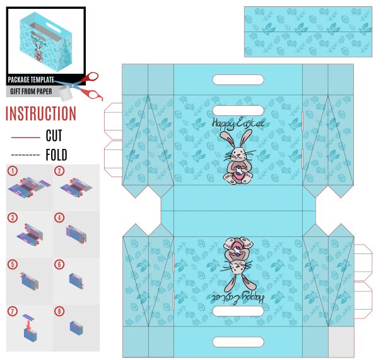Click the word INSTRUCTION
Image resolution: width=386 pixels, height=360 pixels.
click(x=41, y=113)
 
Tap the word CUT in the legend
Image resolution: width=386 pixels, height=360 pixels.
click(x=54, y=136)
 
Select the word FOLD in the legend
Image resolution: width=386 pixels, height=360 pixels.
click(x=56, y=154)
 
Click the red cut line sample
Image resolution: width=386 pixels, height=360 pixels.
click(x=26, y=137)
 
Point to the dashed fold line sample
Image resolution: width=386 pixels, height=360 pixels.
click(x=26, y=154)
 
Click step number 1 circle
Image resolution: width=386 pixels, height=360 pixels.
click(x=13, y=171)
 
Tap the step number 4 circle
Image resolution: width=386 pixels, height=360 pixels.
click(x=59, y=218)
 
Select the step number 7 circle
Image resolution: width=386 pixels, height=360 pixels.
click(x=13, y=311)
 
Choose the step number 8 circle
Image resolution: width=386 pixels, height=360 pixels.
click(x=59, y=311)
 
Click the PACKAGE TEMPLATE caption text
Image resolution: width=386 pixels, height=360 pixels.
click(x=31, y=79)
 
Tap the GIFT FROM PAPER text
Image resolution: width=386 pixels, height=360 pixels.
click(x=31, y=91)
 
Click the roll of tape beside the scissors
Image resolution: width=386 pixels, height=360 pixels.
click(x=65, y=93)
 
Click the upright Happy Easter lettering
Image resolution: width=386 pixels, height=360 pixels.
click(x=238, y=124)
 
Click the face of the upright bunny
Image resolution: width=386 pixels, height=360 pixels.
click(x=238, y=154)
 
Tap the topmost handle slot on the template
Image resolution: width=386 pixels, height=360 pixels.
click(x=238, y=79)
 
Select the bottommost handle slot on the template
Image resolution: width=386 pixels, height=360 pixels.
click(x=238, y=342)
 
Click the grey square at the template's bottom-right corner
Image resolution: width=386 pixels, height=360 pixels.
click(x=341, y=342)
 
